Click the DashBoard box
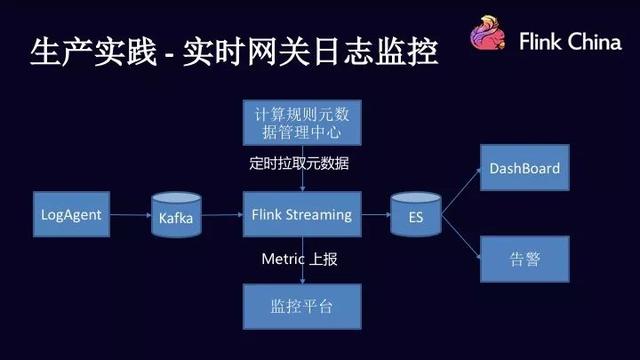[524, 169]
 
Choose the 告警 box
[524, 259]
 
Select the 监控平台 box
[302, 302]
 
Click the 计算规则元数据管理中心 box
[302, 122]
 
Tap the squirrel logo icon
[492, 40]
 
